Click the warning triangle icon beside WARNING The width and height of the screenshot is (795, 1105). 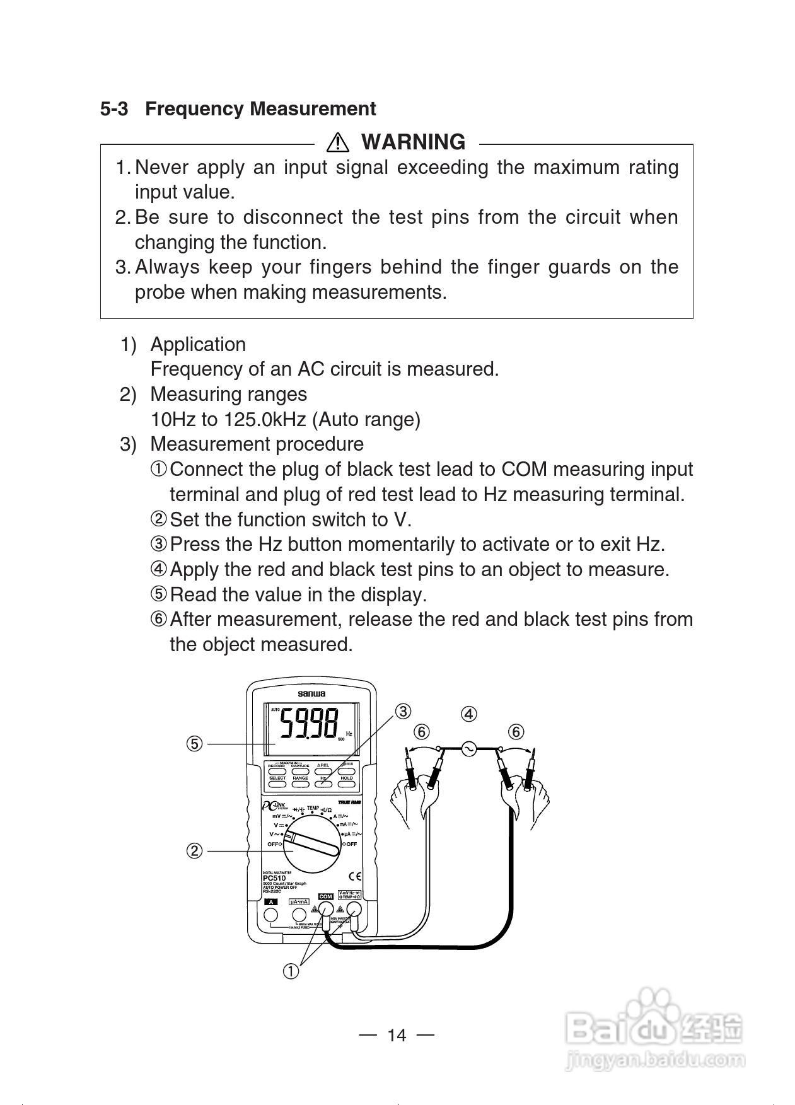[338, 142]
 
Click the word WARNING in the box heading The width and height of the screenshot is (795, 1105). [413, 142]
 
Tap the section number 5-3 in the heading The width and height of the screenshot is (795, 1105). [113, 109]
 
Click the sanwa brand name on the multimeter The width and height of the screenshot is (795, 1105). [311, 693]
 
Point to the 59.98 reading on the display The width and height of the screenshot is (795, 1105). [310, 724]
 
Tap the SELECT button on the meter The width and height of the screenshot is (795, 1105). [277, 778]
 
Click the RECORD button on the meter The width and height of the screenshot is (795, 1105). [277, 766]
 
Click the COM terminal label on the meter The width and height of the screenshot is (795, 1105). [326, 896]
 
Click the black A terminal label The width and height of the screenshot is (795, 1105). [270, 902]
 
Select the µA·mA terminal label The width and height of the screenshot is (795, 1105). [299, 902]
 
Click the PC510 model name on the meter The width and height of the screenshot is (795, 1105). [274, 878]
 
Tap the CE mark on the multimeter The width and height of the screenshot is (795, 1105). [355, 876]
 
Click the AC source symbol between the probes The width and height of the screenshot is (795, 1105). [468, 748]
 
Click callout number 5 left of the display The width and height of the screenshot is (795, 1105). [194, 744]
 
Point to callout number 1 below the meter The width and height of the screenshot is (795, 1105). [290, 971]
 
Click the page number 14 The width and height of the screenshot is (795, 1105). [397, 1035]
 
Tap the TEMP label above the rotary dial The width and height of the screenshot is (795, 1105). [313, 808]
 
